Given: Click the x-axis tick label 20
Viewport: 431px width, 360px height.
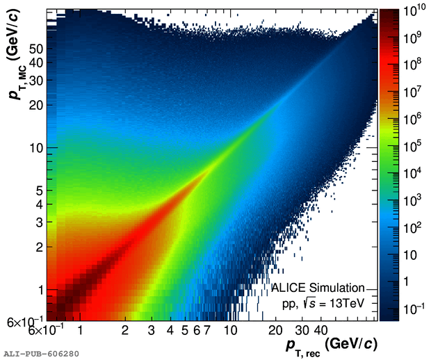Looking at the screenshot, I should [276, 330].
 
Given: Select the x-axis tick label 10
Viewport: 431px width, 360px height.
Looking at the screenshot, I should [230, 330].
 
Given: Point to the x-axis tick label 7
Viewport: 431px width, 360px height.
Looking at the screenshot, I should [206, 330].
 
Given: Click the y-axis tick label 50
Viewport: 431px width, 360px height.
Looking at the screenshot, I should [37, 49].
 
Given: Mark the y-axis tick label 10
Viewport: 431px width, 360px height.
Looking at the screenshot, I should [37, 148].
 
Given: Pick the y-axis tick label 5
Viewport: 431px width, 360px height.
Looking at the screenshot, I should [40, 190].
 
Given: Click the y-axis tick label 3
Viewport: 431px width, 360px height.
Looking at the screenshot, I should [40, 222].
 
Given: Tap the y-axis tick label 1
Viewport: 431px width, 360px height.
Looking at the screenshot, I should [40, 290].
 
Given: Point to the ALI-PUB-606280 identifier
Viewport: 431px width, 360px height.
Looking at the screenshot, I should [41, 354].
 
